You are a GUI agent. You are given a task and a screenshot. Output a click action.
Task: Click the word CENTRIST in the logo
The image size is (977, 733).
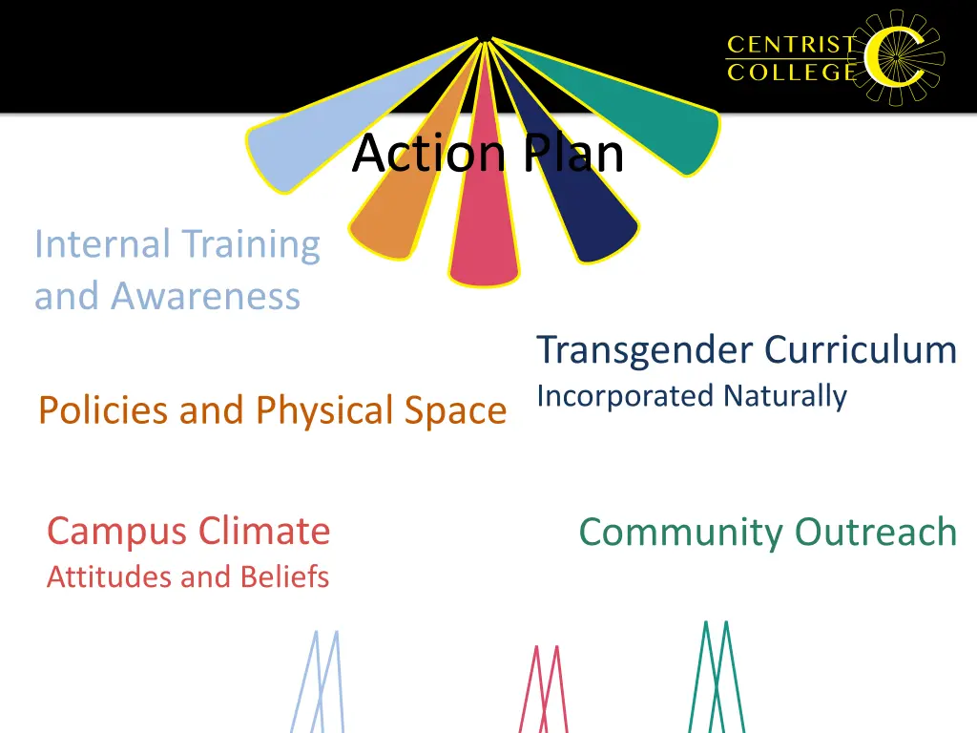tap(791, 45)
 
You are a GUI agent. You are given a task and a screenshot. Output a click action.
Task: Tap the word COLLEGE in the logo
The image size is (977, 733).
tap(791, 72)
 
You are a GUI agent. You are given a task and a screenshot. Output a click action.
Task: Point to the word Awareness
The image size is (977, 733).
tap(205, 296)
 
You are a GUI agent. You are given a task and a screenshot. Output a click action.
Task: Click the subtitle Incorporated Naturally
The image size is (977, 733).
tap(692, 395)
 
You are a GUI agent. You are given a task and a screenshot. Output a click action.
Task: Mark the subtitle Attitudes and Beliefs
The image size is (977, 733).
tap(188, 576)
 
